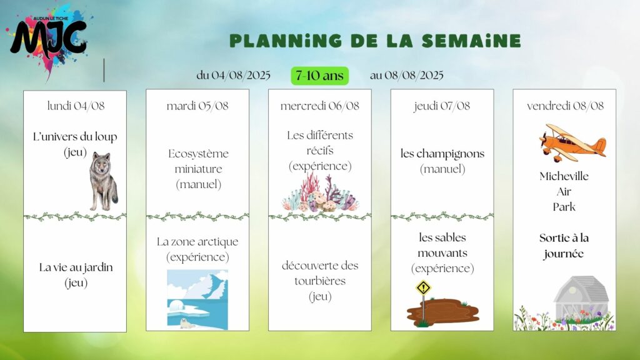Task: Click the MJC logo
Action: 49,39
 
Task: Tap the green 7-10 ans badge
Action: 319,76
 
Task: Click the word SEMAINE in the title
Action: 471,41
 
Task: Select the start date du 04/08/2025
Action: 234,76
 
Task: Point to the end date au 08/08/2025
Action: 406,76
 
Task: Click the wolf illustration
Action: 104,181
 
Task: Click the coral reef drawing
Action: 320,192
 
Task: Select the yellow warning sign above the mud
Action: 423,287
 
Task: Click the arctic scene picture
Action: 197,299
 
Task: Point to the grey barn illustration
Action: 581,298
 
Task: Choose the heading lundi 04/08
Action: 76,106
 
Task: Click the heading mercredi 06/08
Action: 319,106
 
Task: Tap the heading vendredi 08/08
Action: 565,106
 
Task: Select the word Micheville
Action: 564,176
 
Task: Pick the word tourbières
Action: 320,281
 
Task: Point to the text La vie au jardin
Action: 76,267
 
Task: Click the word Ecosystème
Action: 198,154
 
